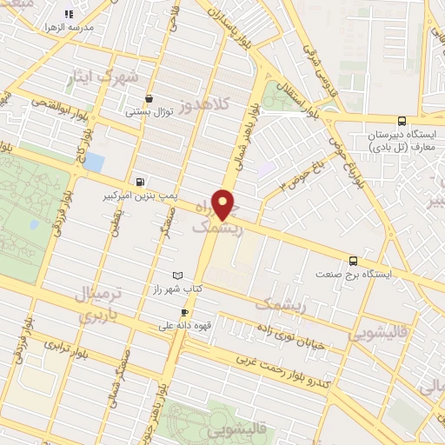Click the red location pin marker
(224, 203)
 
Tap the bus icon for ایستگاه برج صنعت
(353, 260)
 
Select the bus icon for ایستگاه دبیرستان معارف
(401, 122)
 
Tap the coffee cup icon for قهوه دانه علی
(184, 312)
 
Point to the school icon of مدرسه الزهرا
(69, 15)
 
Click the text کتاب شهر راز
(209, 288)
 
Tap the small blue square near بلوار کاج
(94, 162)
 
